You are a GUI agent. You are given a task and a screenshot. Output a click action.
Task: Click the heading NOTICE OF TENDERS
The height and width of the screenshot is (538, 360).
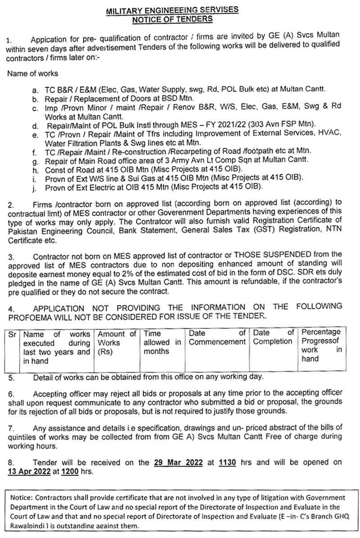pos(172,19)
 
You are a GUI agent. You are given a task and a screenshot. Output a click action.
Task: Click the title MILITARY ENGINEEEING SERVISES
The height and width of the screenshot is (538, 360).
pos(172,10)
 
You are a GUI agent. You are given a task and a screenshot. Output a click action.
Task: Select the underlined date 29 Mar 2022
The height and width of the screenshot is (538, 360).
pos(178,462)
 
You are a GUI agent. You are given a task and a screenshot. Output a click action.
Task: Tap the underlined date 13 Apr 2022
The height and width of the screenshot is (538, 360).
pos(31,471)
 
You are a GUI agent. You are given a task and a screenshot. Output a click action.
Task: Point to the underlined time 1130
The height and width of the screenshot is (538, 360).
pos(227,462)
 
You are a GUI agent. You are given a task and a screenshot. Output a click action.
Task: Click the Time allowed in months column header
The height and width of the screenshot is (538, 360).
pos(162,342)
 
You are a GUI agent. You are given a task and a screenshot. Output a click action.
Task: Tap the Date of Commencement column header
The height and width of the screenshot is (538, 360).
pos(217,338)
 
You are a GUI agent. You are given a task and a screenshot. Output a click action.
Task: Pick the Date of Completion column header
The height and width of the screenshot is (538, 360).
pos(273,338)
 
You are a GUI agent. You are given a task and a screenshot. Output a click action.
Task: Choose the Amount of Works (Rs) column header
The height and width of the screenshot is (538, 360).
pos(117,342)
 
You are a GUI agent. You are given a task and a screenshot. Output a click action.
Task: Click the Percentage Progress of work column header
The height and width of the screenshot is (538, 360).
pos(321,345)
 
